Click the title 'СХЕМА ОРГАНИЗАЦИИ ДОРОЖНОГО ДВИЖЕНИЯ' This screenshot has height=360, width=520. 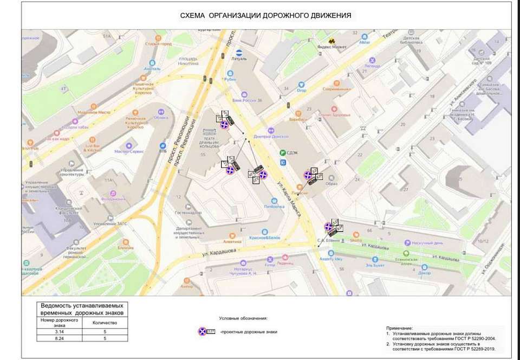pos(265,16)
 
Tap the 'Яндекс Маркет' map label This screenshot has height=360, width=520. pos(331,47)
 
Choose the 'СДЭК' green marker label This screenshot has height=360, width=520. pos(293,153)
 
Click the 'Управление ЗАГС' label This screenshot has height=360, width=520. pos(110,223)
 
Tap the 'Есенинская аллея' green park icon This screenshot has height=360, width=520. pos(406,254)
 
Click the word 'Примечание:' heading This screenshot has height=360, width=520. pos(399,329)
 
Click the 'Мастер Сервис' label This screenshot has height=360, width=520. pos(129,151)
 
